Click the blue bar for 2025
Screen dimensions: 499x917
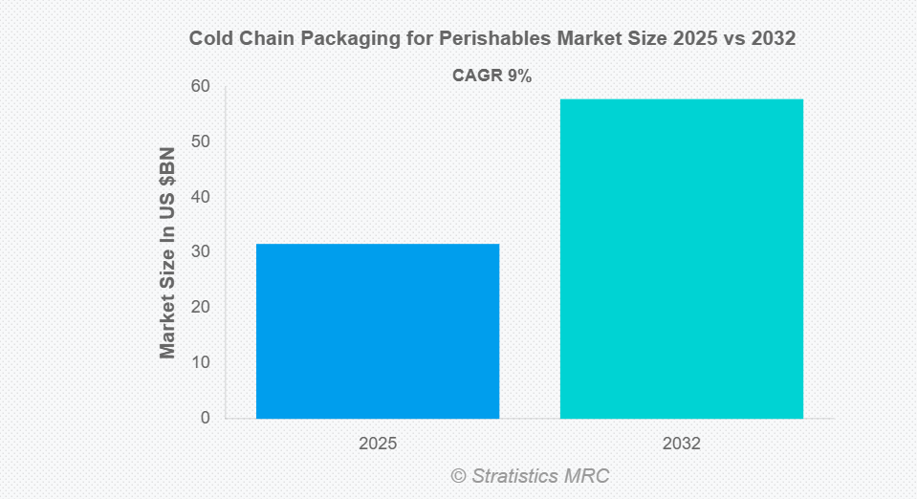pos(378,331)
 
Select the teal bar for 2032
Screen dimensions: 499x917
pos(681,258)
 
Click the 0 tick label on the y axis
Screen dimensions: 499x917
pos(205,418)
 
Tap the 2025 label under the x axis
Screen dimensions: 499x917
pos(378,445)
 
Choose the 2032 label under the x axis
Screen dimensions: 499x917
pos(681,445)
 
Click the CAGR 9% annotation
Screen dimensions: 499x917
pos(491,76)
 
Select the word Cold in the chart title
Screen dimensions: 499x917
pos(209,38)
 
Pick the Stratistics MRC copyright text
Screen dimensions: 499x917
pos(540,476)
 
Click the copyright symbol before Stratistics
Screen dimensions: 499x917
pos(458,476)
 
